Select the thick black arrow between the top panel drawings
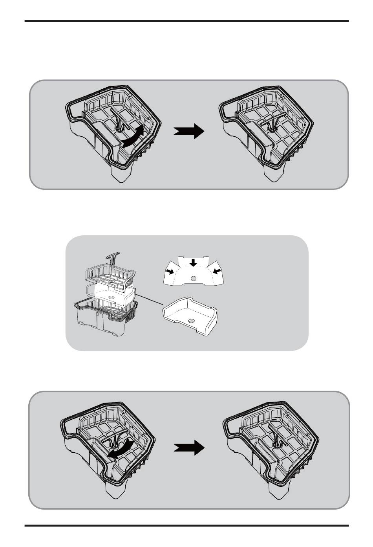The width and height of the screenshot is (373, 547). coord(189,132)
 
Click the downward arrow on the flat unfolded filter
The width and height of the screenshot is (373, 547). coord(193,262)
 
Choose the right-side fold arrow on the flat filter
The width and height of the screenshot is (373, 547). coord(216,272)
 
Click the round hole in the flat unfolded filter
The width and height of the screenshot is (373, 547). coord(193,278)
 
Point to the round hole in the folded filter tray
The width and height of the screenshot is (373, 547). coord(191,321)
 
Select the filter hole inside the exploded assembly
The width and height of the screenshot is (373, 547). coord(112,297)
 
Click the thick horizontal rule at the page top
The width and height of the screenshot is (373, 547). coord(186,21)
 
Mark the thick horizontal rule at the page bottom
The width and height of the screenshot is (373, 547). coord(186,525)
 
